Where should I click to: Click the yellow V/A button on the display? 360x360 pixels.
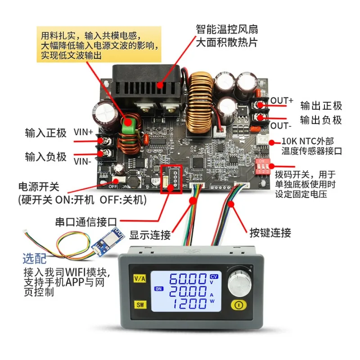tap(140, 279)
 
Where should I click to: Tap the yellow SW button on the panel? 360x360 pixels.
tap(140, 305)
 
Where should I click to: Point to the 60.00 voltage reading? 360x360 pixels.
tap(188, 279)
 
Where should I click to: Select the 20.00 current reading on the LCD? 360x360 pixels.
tap(188, 291)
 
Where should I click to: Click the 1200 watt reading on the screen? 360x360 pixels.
tap(189, 303)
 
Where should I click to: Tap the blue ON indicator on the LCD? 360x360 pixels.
tap(159, 289)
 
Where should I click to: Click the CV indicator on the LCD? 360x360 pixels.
tap(213, 276)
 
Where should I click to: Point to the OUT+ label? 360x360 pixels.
tap(282, 100)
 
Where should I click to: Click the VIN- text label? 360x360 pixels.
tap(82, 162)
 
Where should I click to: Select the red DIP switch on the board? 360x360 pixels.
tap(262, 166)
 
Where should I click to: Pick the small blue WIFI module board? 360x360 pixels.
tap(108, 240)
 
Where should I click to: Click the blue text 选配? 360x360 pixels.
tap(35, 259)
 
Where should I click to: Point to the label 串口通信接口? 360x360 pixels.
tap(86, 222)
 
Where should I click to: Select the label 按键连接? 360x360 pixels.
tap(270, 233)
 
